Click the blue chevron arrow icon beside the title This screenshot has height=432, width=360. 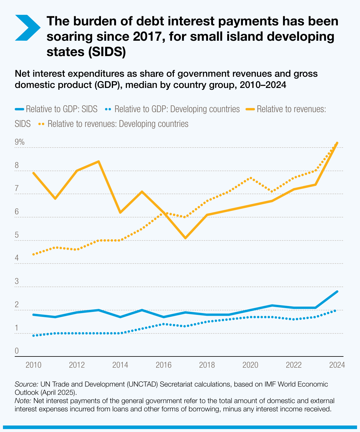pos(27,27)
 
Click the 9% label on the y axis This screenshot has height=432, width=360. pos(20,142)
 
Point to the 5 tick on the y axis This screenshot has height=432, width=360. pos(17,235)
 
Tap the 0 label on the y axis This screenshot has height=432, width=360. pos(17,351)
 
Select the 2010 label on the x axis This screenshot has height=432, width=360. pos(33,365)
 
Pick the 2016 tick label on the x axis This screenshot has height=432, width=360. pos(163,365)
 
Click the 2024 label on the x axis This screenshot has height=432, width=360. pos(337,365)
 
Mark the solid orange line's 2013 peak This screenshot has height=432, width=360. pos(99,161)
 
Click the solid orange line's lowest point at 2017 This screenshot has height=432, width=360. pos(185,238)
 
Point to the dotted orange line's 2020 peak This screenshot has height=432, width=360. pos(251,178)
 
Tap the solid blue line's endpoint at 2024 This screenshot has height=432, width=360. pos(337,292)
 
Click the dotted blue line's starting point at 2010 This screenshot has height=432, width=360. pos(33,336)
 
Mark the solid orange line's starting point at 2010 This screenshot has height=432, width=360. pos(33,173)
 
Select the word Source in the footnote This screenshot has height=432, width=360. pos(26,384)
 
